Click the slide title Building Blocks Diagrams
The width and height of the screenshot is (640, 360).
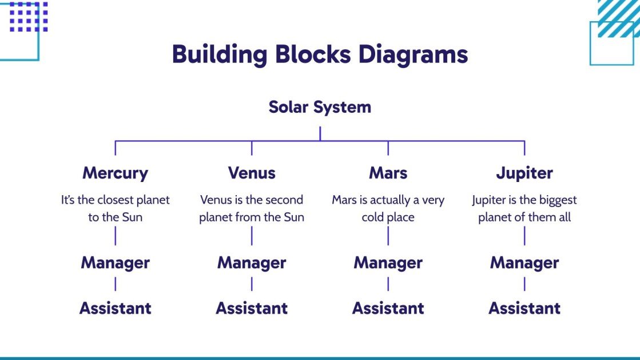320,54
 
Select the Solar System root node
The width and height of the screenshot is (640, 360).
320,107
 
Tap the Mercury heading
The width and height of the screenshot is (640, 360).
115,173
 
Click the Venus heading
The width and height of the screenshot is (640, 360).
252,173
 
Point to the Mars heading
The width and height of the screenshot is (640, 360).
388,173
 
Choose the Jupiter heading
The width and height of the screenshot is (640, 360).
524,173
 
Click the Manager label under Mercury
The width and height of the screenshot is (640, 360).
115,263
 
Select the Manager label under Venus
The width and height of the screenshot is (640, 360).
252,263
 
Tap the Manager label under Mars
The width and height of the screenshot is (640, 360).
388,263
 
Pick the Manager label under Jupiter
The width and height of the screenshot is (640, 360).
524,263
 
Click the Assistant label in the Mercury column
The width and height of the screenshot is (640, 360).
115,308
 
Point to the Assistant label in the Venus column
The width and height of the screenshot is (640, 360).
252,308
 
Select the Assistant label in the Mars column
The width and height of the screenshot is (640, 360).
388,308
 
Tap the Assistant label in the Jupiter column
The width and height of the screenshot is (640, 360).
524,308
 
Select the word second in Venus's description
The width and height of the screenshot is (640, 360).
285,200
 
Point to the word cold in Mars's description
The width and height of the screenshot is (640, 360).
373,217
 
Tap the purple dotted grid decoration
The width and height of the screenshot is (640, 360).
29,17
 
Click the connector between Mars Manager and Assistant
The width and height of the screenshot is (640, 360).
388,284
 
